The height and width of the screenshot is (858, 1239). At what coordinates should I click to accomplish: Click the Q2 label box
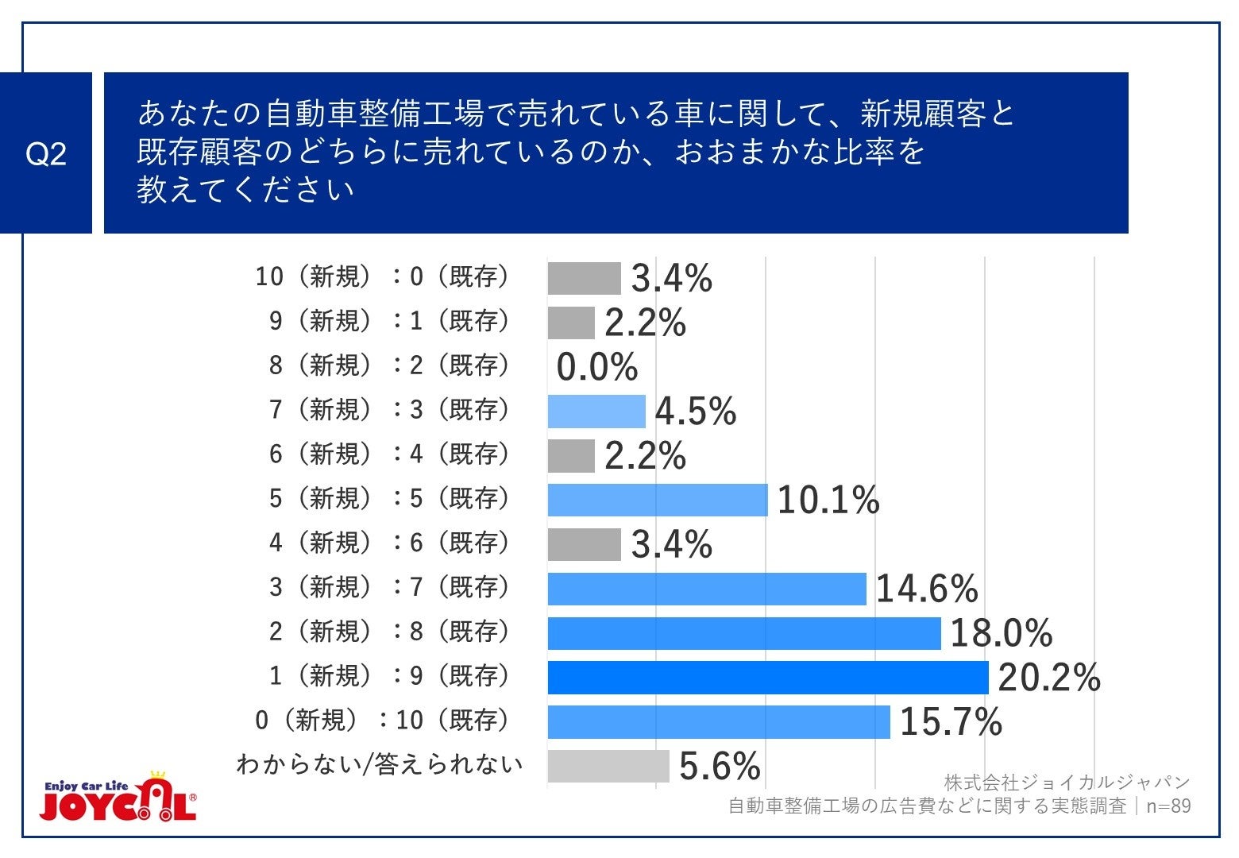[x=45, y=153]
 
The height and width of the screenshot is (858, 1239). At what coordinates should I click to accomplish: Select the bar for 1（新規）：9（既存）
[x=767, y=678]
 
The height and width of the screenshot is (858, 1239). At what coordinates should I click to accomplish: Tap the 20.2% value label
[x=1048, y=678]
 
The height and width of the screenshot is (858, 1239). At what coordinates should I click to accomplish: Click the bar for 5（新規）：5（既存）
[x=658, y=500]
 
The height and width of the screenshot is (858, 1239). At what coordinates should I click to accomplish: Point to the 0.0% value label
[x=596, y=367]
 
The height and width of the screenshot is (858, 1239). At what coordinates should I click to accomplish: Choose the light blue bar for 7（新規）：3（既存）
[x=596, y=412]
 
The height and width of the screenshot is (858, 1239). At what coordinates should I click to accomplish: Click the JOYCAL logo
[x=118, y=796]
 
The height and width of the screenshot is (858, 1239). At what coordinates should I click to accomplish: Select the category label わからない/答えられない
[x=380, y=764]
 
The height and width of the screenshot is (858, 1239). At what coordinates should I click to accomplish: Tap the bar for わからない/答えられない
[x=608, y=767]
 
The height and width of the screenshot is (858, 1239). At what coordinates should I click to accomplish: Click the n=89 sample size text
[x=1168, y=806]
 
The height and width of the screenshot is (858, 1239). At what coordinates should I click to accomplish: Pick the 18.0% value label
[x=1001, y=633]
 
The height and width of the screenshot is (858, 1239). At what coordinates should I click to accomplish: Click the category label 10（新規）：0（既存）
[x=381, y=276]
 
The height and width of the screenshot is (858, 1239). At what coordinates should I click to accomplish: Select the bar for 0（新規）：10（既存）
[x=719, y=722]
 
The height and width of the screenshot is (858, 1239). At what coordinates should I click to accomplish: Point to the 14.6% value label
[x=926, y=589]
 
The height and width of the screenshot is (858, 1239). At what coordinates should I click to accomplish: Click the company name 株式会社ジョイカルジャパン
[x=1067, y=782]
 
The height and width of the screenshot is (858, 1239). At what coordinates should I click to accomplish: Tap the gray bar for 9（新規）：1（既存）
[x=571, y=323]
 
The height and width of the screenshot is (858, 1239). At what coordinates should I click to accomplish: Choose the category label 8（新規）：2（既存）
[x=388, y=365]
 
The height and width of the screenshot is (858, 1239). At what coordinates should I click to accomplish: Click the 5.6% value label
[x=720, y=767]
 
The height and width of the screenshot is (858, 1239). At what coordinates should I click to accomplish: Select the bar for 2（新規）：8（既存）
[x=744, y=633]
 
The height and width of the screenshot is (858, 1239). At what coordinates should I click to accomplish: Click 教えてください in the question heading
[x=245, y=190]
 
